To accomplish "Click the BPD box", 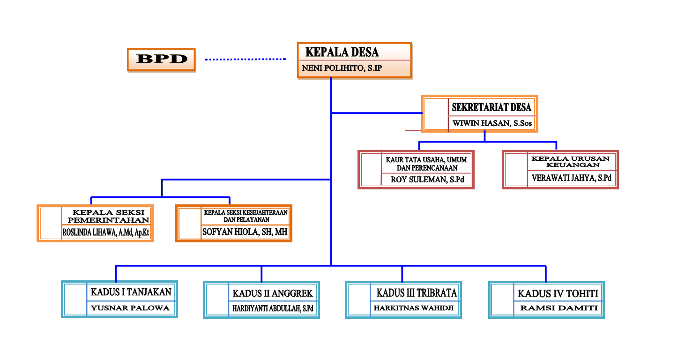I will [x=161, y=60].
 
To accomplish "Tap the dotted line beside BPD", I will [x=245, y=60].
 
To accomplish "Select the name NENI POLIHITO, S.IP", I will [x=342, y=68].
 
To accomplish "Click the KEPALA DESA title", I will [x=342, y=52].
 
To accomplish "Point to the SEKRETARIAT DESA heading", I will [x=491, y=107].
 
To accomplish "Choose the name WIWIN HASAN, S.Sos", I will [x=492, y=124].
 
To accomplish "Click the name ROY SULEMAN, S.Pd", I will [x=426, y=179].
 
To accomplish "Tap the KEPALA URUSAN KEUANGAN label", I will [x=570, y=162].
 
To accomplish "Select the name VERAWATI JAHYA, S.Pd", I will [x=572, y=178].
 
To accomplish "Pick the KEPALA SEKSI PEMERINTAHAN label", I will [x=109, y=216].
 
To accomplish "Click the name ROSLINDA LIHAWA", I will [x=106, y=232].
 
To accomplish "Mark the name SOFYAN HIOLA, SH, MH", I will [x=245, y=232].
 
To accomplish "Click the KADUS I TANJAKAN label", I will [x=131, y=292].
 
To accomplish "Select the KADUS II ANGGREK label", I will [x=273, y=293].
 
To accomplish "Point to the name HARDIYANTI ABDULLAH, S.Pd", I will [x=273, y=308].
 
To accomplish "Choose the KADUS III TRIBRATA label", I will [x=417, y=293].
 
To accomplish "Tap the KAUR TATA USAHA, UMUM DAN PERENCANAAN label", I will [x=427, y=164].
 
